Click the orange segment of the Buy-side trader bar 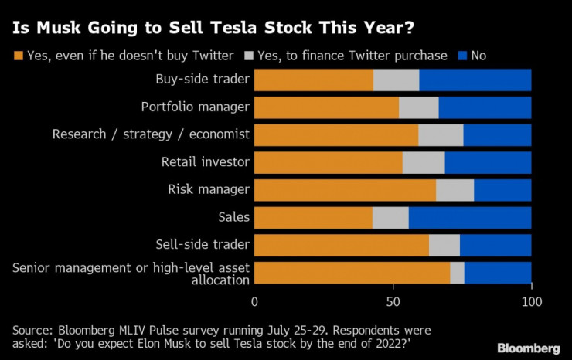click(x=314, y=80)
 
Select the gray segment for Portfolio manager click(x=418, y=107)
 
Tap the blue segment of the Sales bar click(x=470, y=218)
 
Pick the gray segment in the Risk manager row click(x=455, y=190)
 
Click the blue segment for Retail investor click(x=488, y=162)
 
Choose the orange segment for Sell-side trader click(x=342, y=245)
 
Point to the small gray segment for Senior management click(x=457, y=273)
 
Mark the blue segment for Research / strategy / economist click(x=497, y=134)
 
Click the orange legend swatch click(x=18, y=56)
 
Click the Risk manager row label click(x=209, y=189)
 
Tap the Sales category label click(x=233, y=217)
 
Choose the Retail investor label click(x=205, y=161)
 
